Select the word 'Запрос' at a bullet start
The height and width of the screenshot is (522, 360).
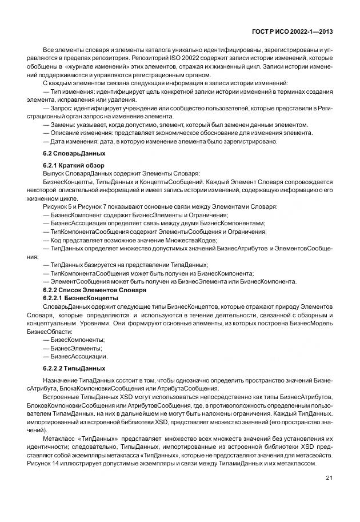point(61,108)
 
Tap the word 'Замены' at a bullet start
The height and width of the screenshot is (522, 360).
point(62,125)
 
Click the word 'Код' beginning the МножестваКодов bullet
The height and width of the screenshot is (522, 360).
point(56,241)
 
